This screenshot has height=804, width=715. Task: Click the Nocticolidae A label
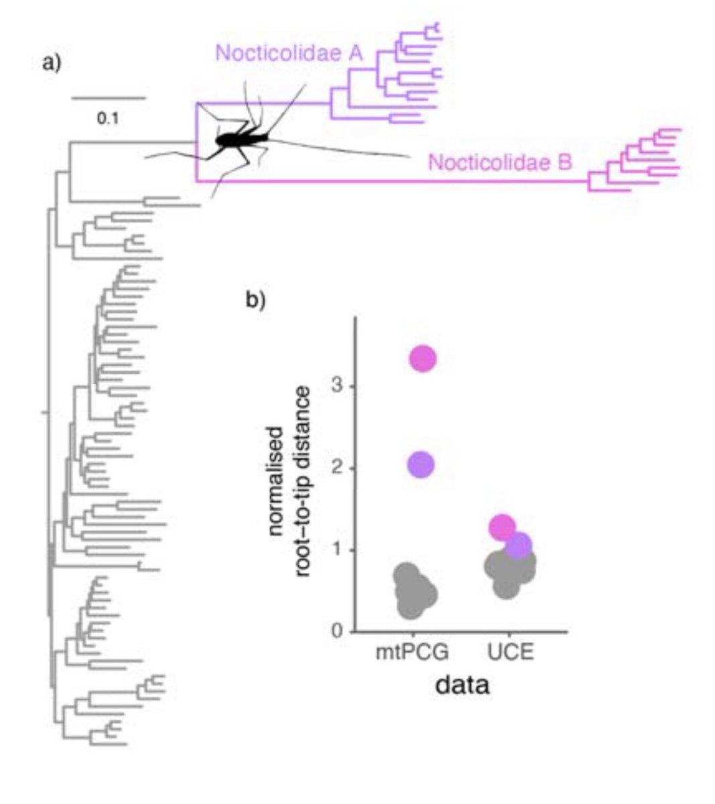tap(289, 54)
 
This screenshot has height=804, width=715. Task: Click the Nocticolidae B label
tap(500, 162)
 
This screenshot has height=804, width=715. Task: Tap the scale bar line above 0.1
tap(108, 98)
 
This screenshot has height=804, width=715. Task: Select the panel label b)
tap(255, 300)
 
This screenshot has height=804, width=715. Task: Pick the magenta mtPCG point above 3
tap(423, 358)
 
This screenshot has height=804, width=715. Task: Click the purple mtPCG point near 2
tap(421, 464)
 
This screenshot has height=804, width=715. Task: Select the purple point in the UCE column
tap(518, 545)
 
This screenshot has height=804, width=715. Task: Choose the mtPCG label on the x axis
tap(411, 653)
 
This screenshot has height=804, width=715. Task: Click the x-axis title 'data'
tap(462, 685)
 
